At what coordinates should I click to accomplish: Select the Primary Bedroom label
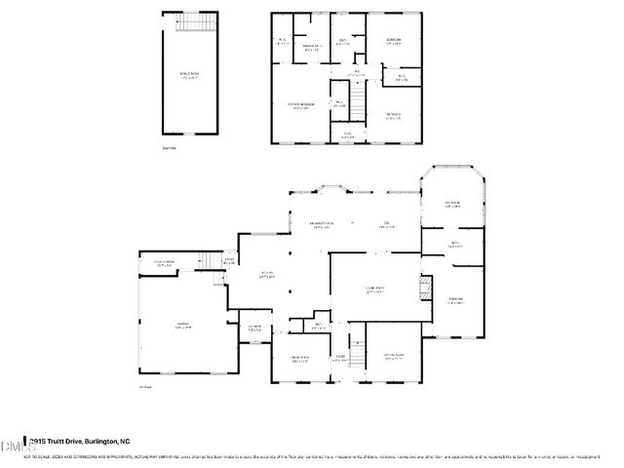click(300, 105)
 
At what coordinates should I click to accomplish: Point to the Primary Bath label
click(312, 47)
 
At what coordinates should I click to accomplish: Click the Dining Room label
click(299, 360)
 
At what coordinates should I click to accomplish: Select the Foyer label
click(341, 358)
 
